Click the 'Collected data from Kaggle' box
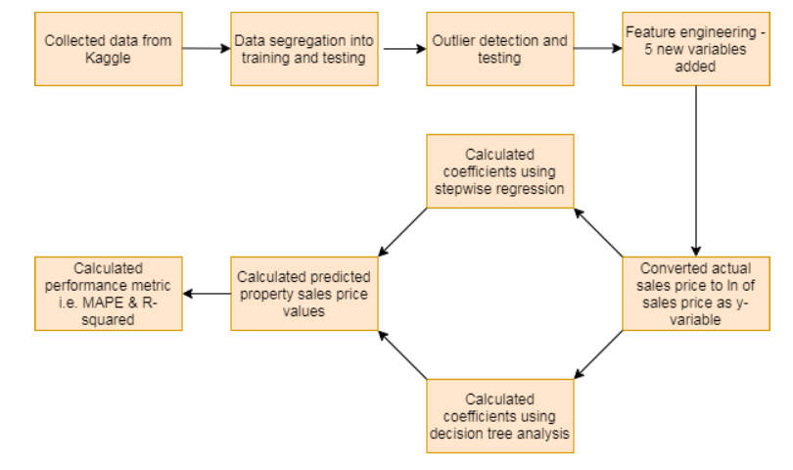click(108, 49)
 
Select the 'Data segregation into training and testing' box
click(303, 49)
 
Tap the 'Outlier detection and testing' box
click(499, 49)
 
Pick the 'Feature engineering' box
click(695, 49)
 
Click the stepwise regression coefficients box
click(499, 170)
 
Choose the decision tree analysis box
click(499, 415)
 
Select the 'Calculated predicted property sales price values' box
click(303, 293)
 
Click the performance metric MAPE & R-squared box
click(108, 293)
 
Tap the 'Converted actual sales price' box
click(695, 293)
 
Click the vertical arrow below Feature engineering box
click(695, 171)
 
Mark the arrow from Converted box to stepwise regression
click(598, 233)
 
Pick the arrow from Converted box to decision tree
click(598, 353)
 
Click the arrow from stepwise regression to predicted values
click(402, 232)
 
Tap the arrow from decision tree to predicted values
click(402, 354)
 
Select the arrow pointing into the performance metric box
click(206, 293)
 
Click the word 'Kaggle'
click(108, 58)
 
